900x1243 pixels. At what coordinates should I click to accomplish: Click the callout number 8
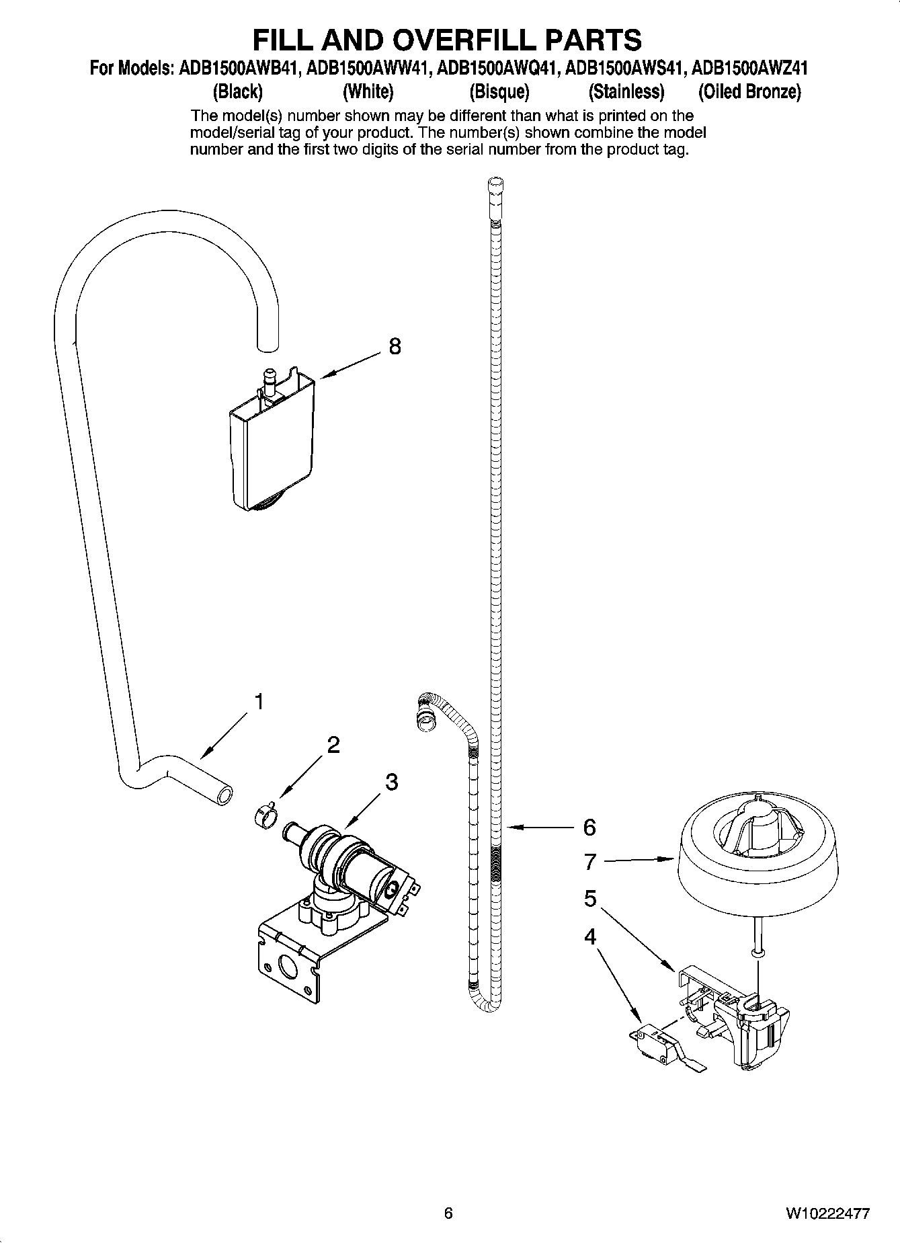[x=395, y=347]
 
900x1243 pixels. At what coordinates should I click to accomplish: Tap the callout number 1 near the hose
[x=257, y=702]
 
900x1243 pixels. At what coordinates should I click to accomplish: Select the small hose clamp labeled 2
[x=265, y=815]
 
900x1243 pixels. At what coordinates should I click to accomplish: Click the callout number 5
[x=590, y=898]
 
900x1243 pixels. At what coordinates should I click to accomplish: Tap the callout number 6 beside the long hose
[x=589, y=828]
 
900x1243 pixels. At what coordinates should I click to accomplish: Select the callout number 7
[x=590, y=861]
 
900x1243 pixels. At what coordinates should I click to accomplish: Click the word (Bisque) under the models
[x=499, y=91]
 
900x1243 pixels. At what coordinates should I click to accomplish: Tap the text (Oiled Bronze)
[x=749, y=91]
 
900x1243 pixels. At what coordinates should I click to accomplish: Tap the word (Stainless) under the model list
[x=626, y=91]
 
